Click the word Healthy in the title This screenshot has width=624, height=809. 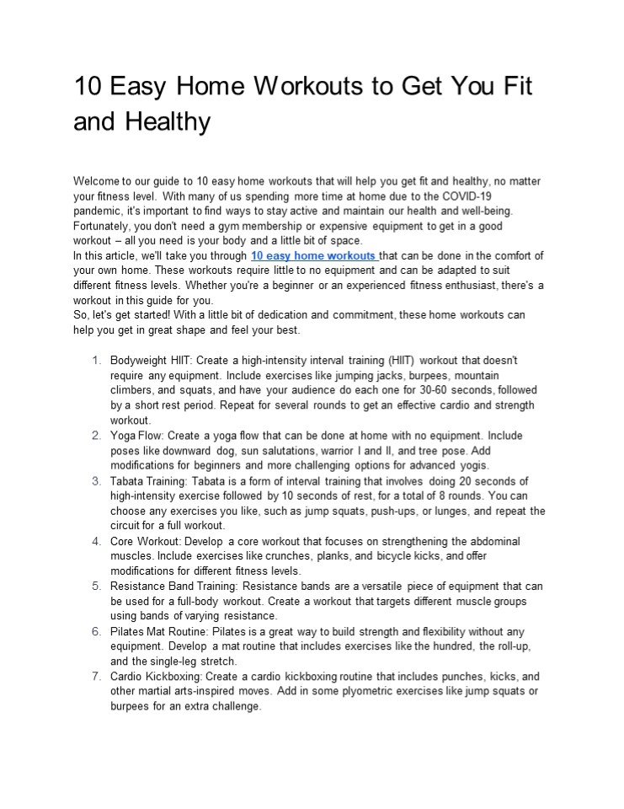tap(168, 122)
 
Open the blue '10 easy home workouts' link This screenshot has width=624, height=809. tap(313, 255)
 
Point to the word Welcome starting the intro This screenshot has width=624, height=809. tap(98, 181)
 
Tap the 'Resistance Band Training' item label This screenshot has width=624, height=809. tap(174, 587)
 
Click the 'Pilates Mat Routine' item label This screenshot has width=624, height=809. tap(160, 631)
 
